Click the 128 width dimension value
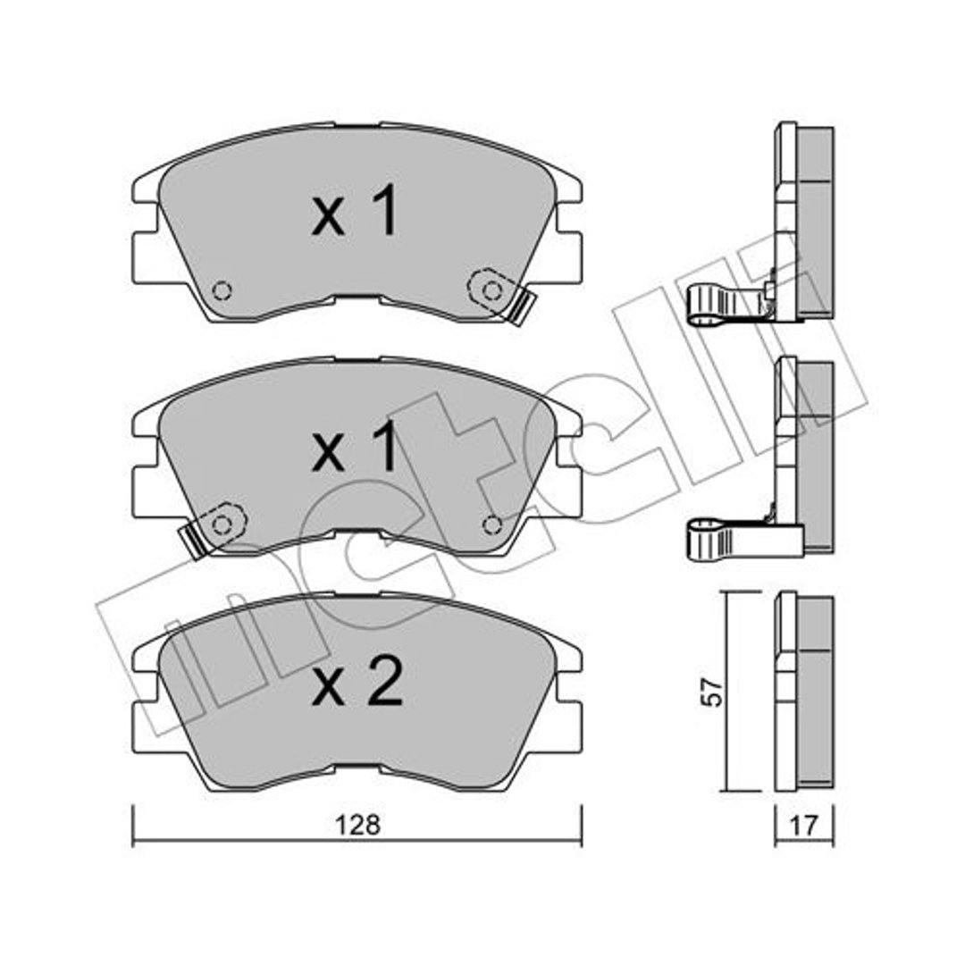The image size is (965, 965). [x=357, y=825]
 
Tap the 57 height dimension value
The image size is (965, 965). [x=713, y=692]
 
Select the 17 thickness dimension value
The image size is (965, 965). [x=804, y=826]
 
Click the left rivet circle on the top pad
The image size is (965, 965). [x=222, y=289]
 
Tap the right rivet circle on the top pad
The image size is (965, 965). [x=491, y=289]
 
